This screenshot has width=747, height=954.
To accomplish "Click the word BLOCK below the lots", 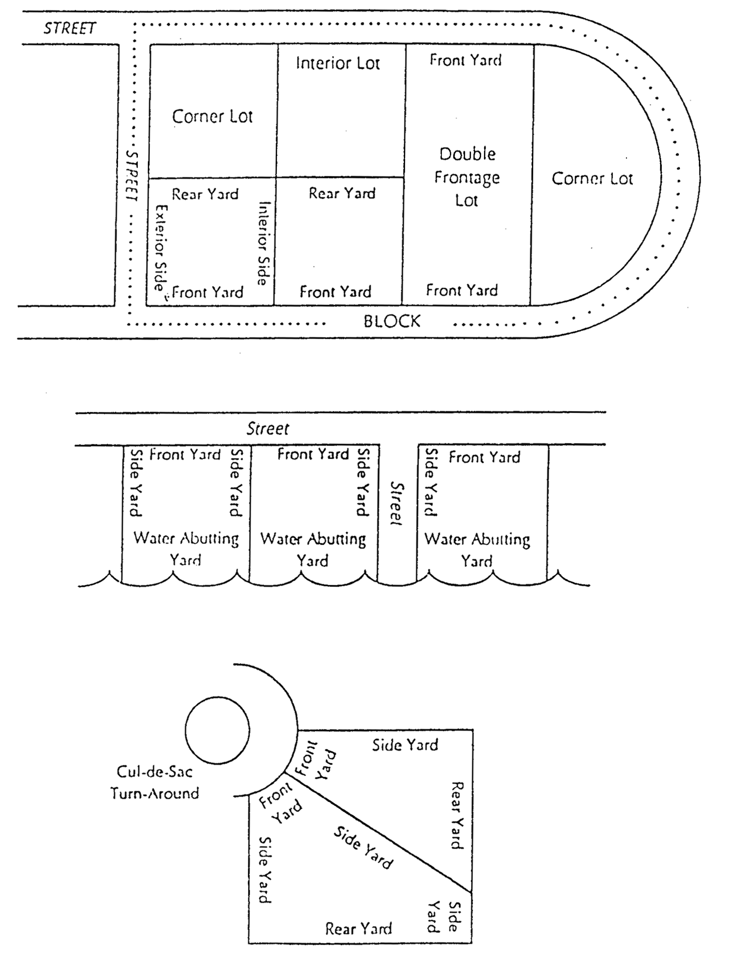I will [392, 322].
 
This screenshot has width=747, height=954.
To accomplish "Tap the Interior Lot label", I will [338, 63].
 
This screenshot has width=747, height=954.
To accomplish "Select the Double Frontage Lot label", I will [467, 177].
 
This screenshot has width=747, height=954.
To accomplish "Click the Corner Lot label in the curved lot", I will [592, 178].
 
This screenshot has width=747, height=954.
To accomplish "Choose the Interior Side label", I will [263, 243].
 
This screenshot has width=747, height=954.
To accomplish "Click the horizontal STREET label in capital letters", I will [69, 29].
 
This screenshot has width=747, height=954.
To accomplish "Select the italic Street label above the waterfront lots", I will [268, 429].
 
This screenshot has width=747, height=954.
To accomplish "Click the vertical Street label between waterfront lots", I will [396, 503].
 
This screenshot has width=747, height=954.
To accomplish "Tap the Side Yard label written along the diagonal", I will [363, 848].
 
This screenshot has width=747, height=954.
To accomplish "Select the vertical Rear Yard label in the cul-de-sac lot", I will [457, 815].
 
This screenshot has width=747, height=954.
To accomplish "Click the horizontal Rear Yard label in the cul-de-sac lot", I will [358, 929].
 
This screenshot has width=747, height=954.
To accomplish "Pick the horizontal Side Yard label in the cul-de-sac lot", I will [405, 745].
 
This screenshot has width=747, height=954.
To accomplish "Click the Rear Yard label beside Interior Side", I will [205, 195].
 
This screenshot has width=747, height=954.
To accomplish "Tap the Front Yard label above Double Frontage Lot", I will [465, 60].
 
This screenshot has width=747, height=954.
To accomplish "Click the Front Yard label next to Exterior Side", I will [208, 292].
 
